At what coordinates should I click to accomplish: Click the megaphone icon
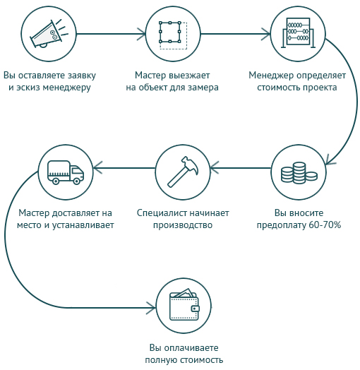(x=49, y=34)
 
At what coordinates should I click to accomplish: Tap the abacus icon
(x=298, y=32)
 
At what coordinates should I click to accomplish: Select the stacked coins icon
(x=299, y=173)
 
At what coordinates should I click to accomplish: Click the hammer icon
(x=183, y=172)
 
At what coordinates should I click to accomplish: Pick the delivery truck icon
(x=66, y=172)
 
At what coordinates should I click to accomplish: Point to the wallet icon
(x=184, y=304)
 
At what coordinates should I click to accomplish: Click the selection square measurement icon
(x=173, y=35)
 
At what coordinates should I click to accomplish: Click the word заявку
(x=82, y=76)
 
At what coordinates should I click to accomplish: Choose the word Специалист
(x=162, y=213)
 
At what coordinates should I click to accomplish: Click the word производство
(x=183, y=225)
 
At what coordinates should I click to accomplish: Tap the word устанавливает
(x=83, y=225)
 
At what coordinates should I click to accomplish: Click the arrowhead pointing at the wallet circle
(x=151, y=308)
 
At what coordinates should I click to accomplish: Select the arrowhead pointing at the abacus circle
(x=265, y=34)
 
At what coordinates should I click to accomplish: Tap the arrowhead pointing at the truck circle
(x=97, y=168)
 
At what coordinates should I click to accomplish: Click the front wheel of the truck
(x=77, y=181)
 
